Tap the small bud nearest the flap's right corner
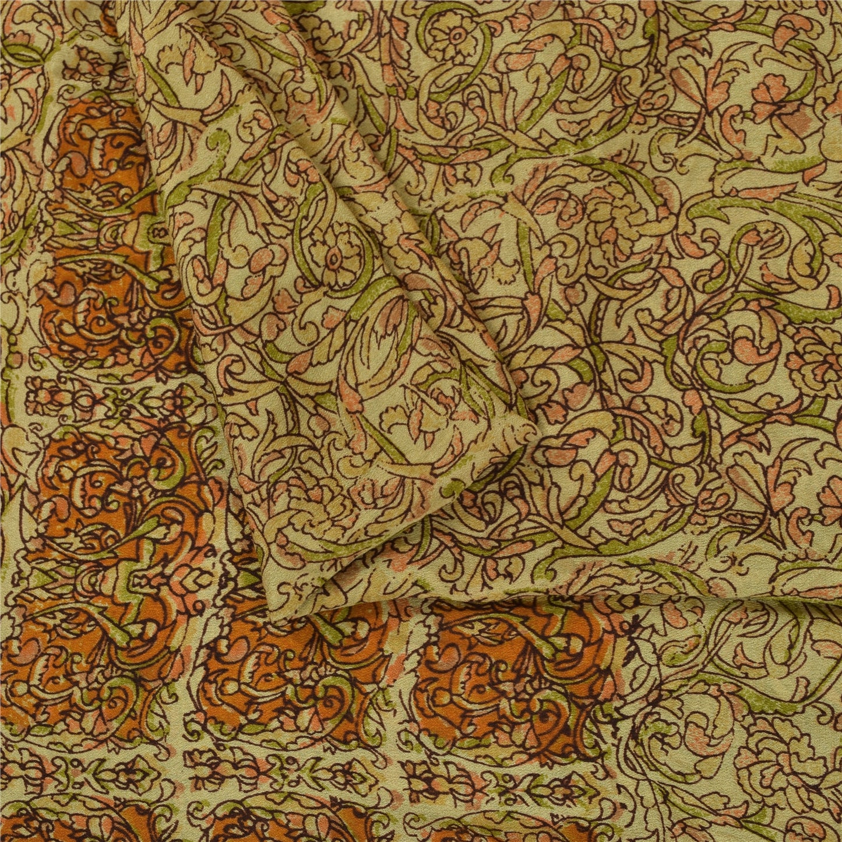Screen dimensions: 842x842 click(559, 449)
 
